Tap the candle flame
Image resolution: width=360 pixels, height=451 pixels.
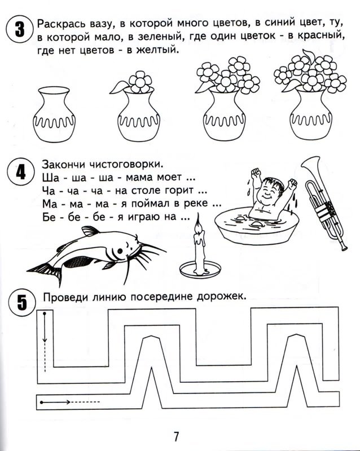coord(198,225)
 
